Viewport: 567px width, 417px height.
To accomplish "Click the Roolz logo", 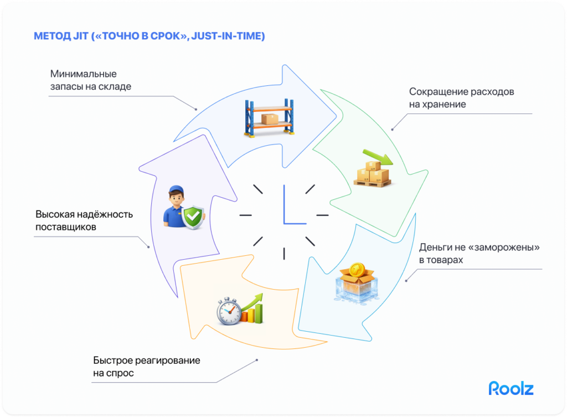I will tap(511, 388).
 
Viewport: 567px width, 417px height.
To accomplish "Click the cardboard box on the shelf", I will tap(270, 119).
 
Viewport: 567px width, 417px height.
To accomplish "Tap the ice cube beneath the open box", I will tap(353, 291).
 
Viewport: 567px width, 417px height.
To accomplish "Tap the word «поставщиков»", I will tap(66, 227).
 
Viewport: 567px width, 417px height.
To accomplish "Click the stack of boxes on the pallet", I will tap(372, 174).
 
